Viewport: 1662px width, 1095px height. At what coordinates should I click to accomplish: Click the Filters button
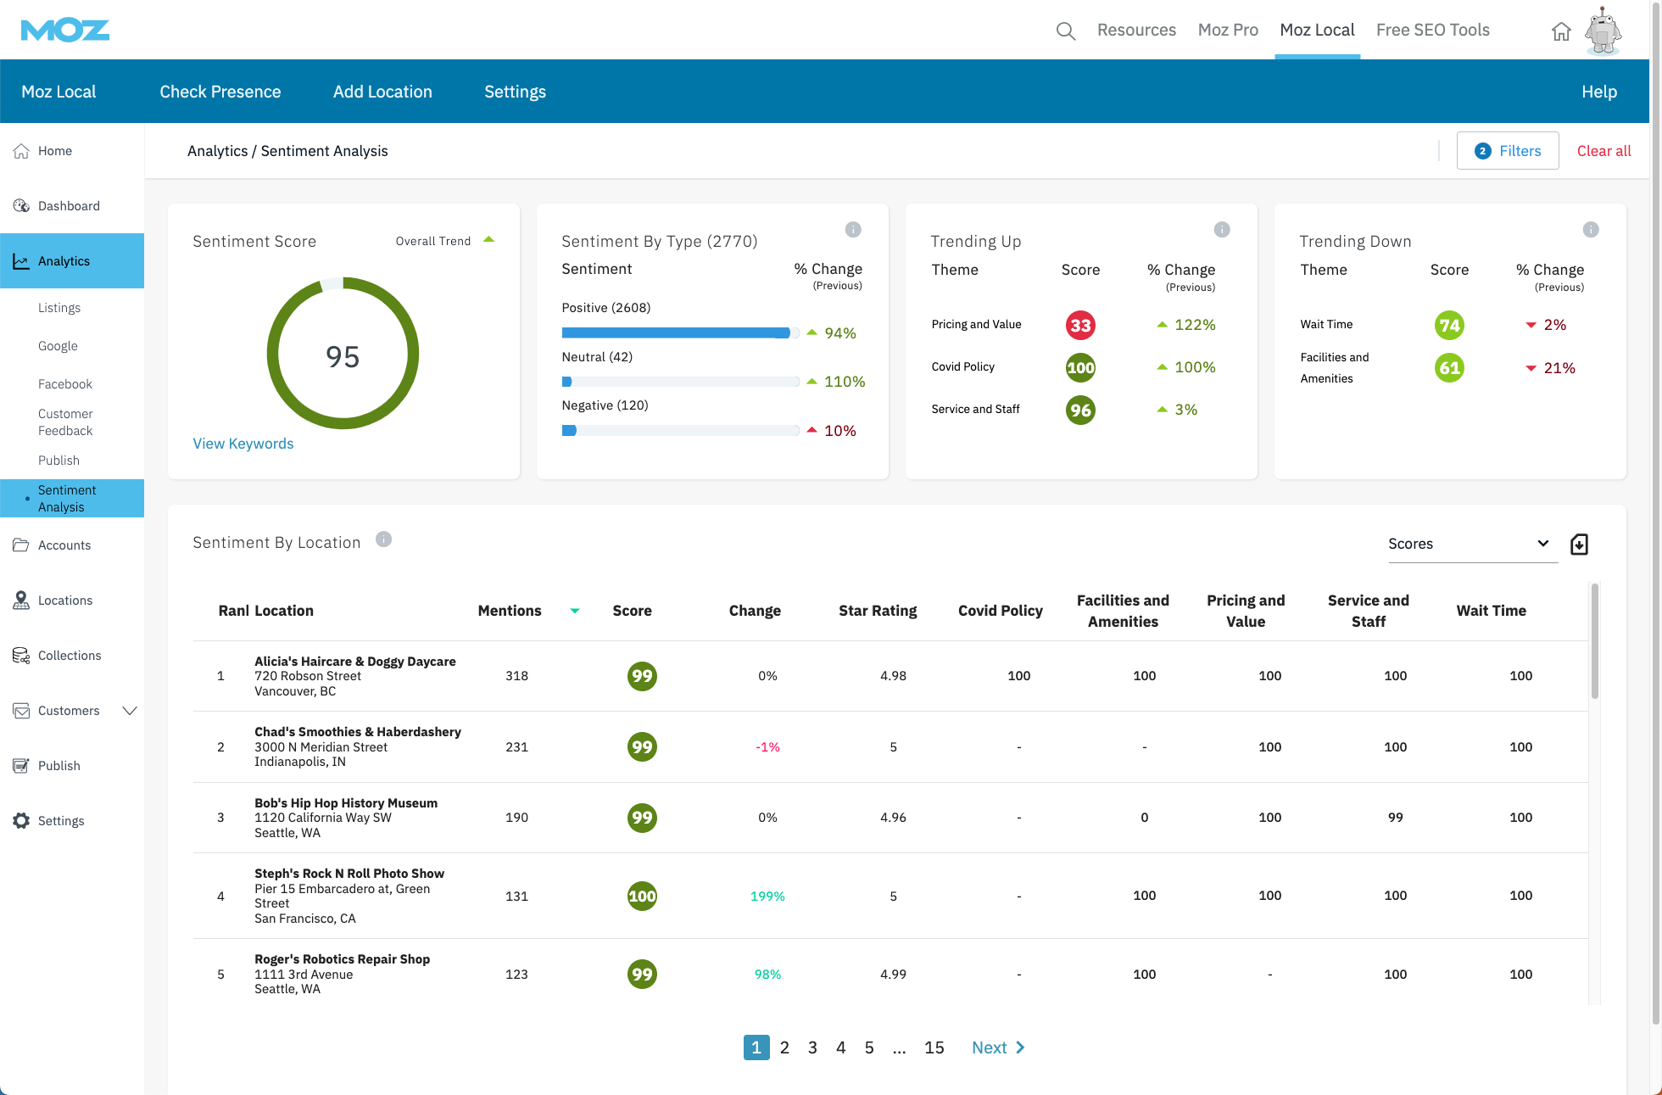[x=1507, y=151]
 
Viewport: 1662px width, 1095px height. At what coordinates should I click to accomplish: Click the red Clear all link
[x=1603, y=151]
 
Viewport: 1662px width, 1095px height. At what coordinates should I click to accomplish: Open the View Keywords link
[x=243, y=444]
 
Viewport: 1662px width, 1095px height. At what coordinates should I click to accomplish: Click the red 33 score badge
[x=1079, y=325]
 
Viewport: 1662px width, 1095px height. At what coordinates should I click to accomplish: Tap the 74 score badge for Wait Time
[x=1448, y=325]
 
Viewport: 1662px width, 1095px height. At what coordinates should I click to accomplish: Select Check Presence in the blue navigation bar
[x=220, y=92]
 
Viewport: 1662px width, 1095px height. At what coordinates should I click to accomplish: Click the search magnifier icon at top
[x=1065, y=31]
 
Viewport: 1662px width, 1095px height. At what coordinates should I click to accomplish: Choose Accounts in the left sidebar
[x=64, y=545]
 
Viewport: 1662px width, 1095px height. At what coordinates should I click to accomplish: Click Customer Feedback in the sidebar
[x=65, y=422]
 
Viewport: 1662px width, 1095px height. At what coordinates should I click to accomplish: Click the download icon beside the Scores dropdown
[x=1579, y=544]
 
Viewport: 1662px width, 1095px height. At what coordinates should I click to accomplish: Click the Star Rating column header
[x=878, y=611]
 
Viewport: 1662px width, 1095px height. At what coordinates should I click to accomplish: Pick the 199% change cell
[x=767, y=897]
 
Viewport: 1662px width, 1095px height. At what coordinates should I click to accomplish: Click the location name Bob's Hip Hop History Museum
[x=346, y=803]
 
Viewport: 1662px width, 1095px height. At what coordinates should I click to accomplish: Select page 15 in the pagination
[x=934, y=1048]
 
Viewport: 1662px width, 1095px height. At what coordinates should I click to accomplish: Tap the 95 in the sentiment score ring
[x=343, y=356]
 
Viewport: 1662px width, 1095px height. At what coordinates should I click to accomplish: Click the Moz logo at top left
[x=65, y=31]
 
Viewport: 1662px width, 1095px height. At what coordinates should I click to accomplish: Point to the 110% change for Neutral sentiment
[x=844, y=382]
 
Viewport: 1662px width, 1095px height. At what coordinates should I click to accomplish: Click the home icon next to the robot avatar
[x=1561, y=32]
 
